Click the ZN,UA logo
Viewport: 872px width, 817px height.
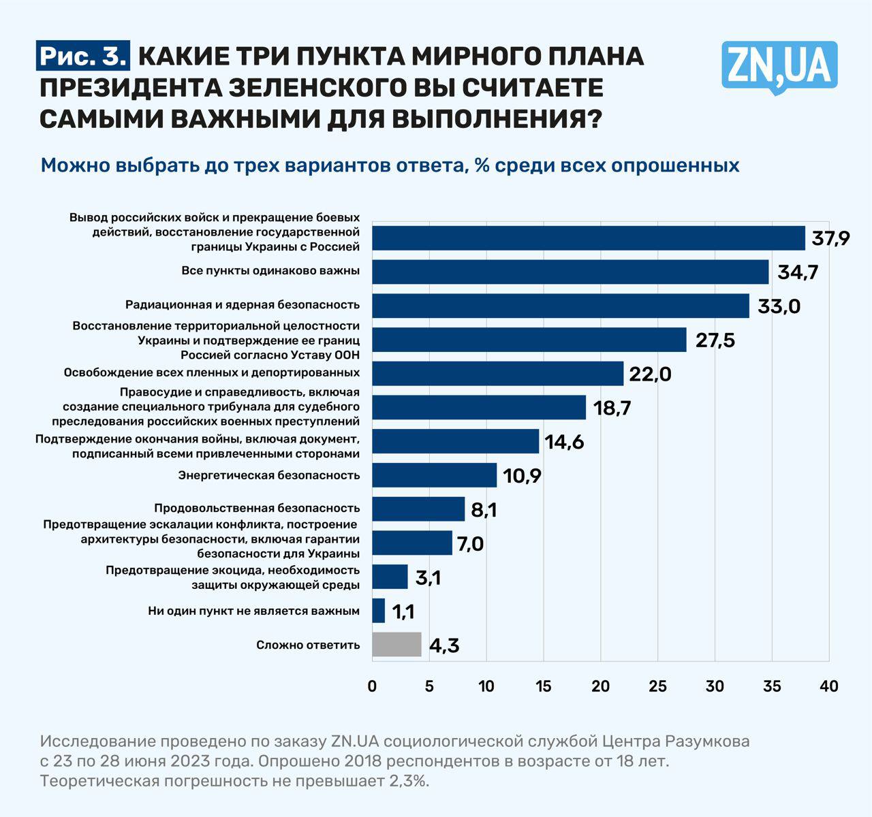(x=779, y=66)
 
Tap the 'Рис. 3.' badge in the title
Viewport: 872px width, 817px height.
(x=82, y=56)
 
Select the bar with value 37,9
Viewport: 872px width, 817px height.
(x=589, y=238)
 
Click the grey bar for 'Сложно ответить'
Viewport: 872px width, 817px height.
(x=396, y=644)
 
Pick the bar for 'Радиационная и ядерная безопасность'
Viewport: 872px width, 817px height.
(x=561, y=306)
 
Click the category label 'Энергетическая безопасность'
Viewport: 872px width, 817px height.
(x=269, y=475)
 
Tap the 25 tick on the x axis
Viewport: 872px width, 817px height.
(x=657, y=686)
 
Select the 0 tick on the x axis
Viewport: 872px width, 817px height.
(x=372, y=686)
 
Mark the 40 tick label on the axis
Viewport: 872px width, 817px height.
(x=828, y=686)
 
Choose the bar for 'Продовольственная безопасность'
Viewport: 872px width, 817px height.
(x=418, y=509)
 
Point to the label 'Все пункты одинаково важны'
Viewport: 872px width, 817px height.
(x=270, y=270)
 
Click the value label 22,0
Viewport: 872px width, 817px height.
(x=651, y=374)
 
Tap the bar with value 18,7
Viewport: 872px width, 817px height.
(x=479, y=407)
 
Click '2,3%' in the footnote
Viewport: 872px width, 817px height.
(x=409, y=780)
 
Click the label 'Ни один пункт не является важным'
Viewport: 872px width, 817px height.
(x=253, y=611)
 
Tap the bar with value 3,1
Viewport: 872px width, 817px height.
(x=390, y=577)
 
